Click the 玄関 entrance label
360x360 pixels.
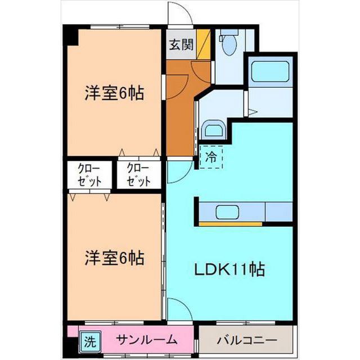point(180,45)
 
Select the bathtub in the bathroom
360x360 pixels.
point(268,73)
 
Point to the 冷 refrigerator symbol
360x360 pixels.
point(211,157)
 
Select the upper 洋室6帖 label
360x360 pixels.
point(115,93)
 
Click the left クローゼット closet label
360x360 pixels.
point(90,175)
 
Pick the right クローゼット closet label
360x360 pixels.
point(138,175)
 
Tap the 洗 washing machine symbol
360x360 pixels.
point(89,340)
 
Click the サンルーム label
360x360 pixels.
point(147,340)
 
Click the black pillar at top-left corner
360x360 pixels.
point(70,36)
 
